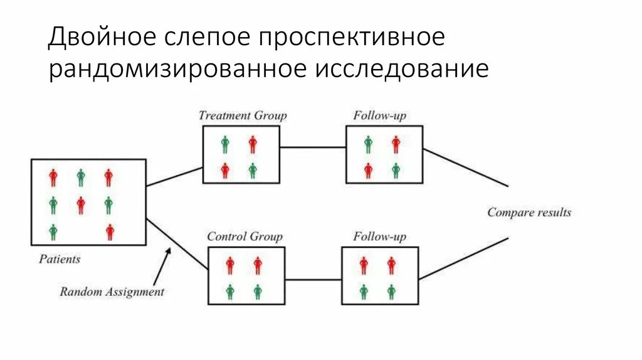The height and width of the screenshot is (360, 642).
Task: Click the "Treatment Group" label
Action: coord(242,115)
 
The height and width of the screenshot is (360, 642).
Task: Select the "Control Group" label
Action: coord(245,237)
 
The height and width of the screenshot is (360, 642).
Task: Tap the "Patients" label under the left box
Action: coord(60,258)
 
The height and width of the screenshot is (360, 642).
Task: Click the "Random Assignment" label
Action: coord(112,292)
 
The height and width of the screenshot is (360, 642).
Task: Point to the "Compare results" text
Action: coord(529,213)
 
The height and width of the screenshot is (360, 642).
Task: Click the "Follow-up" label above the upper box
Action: coord(379,115)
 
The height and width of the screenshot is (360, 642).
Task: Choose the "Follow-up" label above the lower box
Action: coord(379,237)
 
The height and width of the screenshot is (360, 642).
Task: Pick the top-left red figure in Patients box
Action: coord(53,177)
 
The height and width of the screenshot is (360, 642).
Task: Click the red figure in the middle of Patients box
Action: coord(81,205)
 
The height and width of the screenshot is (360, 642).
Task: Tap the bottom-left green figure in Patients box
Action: coord(53,232)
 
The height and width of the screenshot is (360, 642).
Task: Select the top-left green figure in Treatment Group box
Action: coord(225,145)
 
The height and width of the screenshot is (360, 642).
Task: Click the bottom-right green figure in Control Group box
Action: coord(258,292)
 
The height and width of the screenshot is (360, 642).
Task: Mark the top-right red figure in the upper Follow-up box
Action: coord(396,145)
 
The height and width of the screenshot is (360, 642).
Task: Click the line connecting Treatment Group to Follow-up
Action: coord(312,148)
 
